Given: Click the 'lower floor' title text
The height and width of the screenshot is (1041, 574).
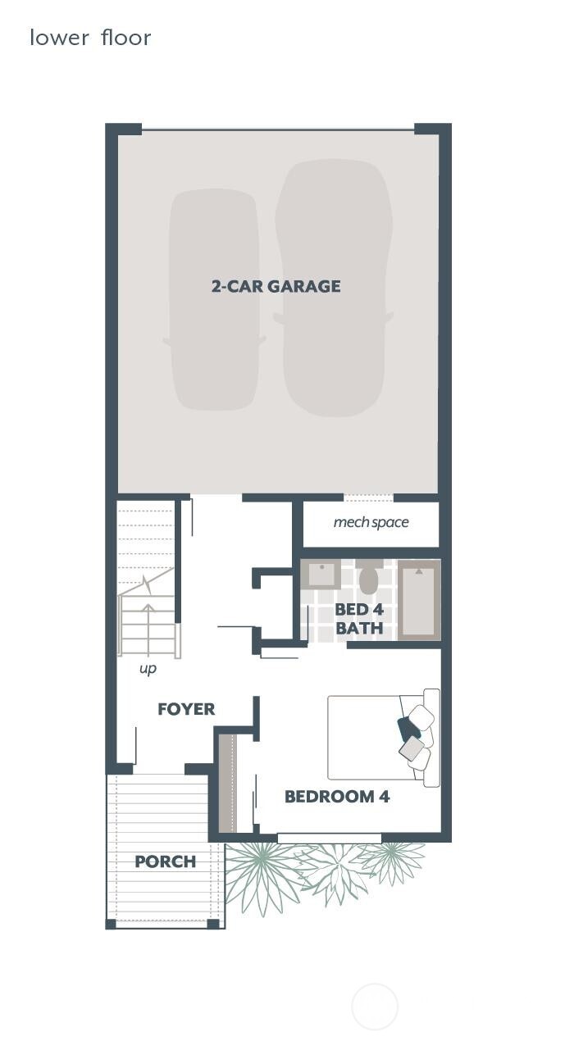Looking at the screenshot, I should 90,38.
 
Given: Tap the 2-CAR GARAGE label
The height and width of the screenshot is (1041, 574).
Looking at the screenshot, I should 276,286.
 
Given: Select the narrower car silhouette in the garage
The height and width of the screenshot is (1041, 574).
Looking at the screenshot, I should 214,299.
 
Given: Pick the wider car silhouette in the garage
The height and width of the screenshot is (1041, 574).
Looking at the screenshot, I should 333,287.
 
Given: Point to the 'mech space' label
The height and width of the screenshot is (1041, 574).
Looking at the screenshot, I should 371,522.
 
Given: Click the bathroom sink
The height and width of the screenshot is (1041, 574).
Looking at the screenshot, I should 321,574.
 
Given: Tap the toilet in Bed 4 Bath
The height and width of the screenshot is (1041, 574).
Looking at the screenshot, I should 368,578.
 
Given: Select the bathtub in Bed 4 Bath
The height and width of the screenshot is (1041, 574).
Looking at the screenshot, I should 419,599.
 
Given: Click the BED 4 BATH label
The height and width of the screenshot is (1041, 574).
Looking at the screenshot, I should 359,620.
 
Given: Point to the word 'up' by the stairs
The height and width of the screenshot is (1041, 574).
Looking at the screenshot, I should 148,669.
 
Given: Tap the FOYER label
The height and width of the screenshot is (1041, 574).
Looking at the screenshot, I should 186,709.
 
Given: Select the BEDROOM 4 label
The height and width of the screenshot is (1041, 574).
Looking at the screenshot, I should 337,796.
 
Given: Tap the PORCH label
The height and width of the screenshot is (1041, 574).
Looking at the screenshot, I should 165,861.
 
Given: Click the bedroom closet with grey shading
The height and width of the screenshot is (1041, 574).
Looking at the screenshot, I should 227,783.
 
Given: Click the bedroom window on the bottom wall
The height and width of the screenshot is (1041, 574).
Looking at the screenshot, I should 329,838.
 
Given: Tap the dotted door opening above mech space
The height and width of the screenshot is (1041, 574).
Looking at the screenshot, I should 368,497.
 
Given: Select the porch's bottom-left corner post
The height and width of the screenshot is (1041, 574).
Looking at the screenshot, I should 111,924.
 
